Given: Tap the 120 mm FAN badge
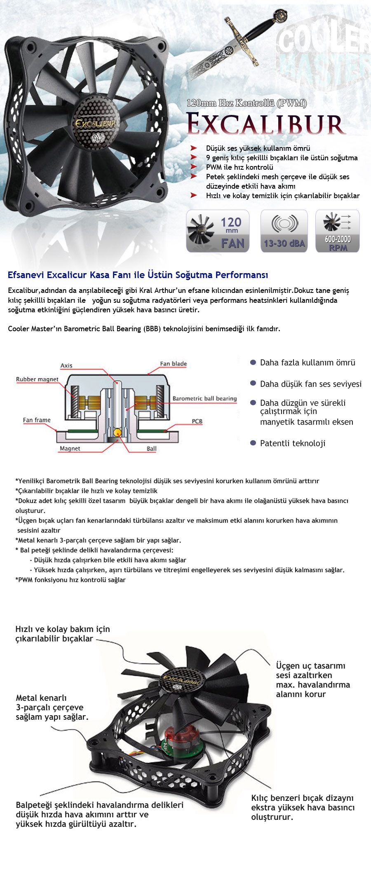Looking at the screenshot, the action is (x=218, y=231).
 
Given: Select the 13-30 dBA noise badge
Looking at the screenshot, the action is (x=284, y=231).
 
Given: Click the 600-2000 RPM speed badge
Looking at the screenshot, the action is (x=338, y=231).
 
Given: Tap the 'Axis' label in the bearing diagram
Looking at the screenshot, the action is (x=66, y=365).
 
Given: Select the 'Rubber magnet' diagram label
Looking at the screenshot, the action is (x=37, y=379).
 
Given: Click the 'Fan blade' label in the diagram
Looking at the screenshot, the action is (x=173, y=364).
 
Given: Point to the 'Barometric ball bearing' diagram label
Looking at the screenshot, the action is (x=204, y=398).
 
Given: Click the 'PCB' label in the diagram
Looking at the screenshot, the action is (x=197, y=421).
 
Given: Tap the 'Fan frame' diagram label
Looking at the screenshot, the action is (x=37, y=420).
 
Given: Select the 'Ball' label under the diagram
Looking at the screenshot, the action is (x=152, y=449).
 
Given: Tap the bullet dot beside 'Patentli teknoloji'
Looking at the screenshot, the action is (x=253, y=443).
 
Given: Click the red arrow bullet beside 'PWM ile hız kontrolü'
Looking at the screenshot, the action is (x=194, y=167).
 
